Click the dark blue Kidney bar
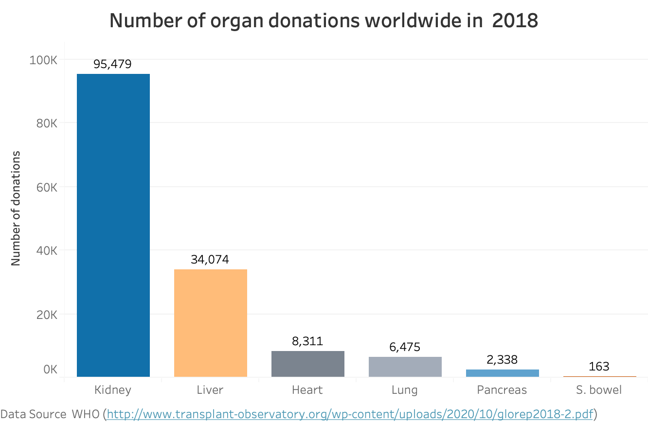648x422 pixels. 113,225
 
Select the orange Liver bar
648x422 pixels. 210,323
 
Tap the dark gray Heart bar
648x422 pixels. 307,364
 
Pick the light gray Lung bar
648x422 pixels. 405,367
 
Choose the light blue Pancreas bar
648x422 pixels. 502,373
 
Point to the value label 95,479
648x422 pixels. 113,64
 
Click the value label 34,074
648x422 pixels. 210,260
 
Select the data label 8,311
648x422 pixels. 307,341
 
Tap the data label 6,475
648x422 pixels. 405,347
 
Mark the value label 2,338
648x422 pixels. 502,360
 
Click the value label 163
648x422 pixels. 599,367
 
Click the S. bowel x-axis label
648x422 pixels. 599,390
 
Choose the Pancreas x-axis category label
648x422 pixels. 502,390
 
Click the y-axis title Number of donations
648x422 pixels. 16,208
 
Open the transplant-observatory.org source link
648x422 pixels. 350,414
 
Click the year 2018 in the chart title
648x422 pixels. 515,21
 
